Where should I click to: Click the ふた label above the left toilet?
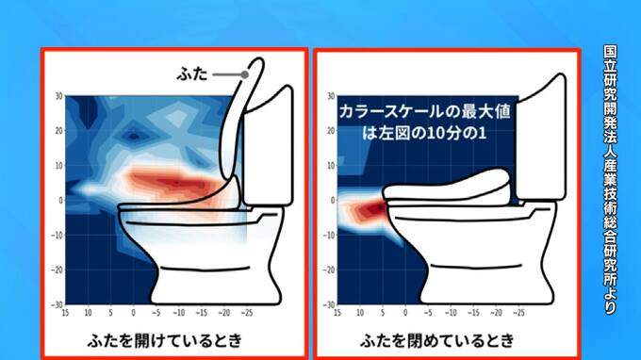[192, 74]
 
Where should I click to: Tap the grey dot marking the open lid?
[244, 74]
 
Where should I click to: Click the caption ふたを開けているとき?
[165, 340]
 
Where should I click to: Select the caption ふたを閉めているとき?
[437, 340]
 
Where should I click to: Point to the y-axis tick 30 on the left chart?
[58, 96]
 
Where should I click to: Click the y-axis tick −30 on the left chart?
[57, 304]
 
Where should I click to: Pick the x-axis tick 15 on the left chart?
[65, 313]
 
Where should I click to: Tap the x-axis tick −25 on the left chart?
[246, 313]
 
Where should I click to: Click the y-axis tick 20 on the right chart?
[331, 131]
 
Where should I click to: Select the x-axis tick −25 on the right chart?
[518, 313]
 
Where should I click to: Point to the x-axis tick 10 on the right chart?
[360, 313]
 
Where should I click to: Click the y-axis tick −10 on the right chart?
[329, 236]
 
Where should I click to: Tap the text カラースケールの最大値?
[425, 112]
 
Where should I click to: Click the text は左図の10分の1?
[424, 133]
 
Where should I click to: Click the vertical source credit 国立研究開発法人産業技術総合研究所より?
[610, 180]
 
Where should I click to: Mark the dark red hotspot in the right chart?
[374, 209]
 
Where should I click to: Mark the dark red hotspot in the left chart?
[175, 182]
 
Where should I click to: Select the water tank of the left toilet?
[268, 147]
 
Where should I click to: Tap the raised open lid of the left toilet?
[238, 123]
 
